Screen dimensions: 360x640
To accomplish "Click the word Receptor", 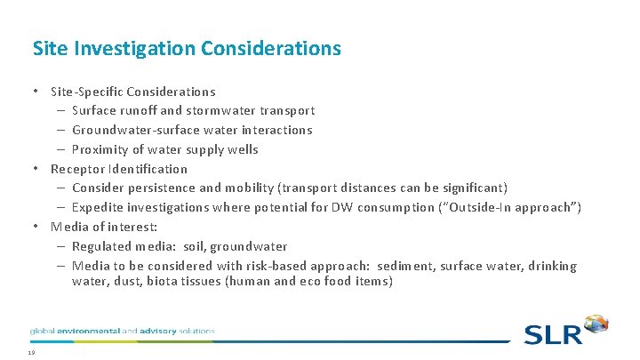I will coord(77,169).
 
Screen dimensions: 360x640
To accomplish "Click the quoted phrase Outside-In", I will coord(496,208).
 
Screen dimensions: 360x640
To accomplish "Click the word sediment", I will coord(408,266).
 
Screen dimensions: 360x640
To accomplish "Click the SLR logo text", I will coord(552,334).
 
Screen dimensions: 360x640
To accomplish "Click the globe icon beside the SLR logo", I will coord(596,325).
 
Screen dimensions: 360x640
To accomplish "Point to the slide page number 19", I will coord(31,353).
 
